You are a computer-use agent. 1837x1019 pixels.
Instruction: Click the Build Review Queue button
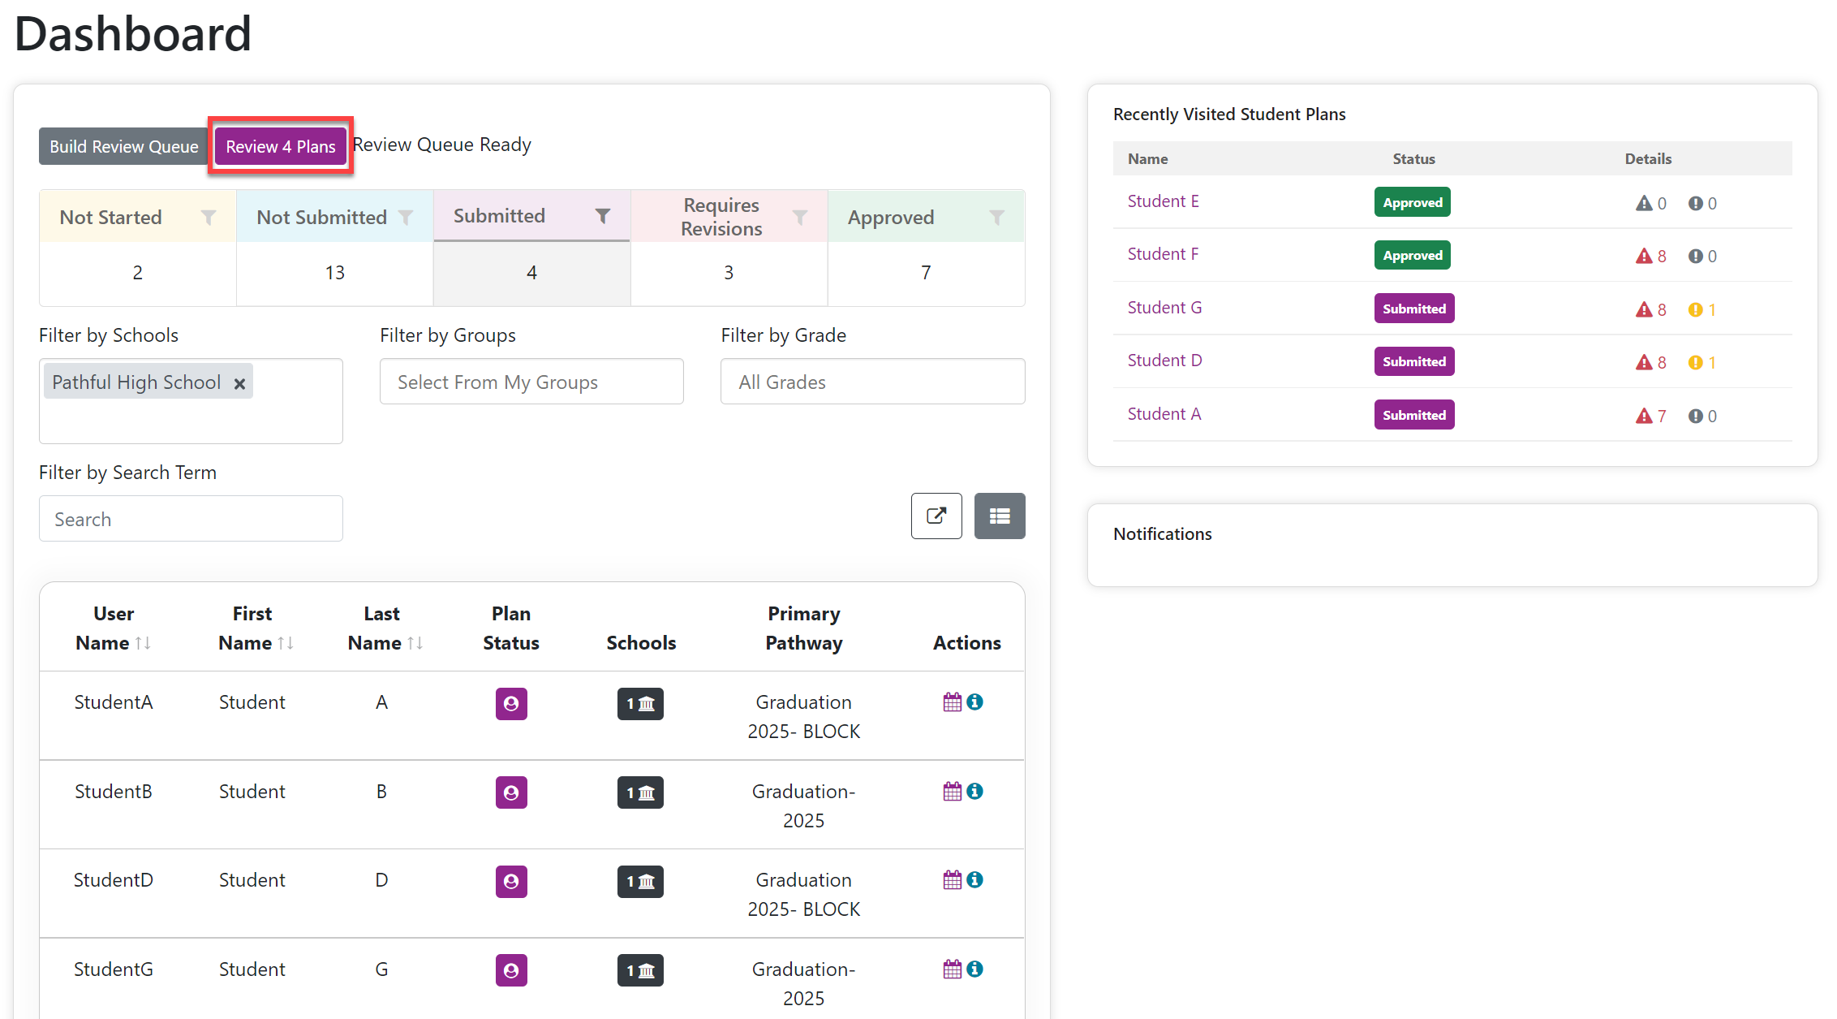pos(124,146)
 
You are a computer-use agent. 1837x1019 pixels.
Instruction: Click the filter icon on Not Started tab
pos(209,217)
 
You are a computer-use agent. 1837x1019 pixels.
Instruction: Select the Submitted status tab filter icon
pos(603,215)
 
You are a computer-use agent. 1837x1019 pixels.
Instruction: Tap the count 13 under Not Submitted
pos(335,273)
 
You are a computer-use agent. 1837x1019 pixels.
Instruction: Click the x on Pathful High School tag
pos(239,383)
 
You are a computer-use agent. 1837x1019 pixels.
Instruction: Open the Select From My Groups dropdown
pos(531,382)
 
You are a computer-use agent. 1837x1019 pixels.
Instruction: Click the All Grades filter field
pos(872,382)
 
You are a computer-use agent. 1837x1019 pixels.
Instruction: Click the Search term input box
pos(191,519)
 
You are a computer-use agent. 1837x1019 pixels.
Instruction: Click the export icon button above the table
pos(936,516)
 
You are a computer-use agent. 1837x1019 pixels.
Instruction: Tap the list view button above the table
pos(1000,516)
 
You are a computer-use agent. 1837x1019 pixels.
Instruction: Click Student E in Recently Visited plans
pos(1163,201)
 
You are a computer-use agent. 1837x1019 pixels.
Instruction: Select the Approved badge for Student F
pos(1413,255)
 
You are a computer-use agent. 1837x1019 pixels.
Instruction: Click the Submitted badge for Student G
pos(1414,309)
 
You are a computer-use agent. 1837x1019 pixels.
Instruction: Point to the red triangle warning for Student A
pos(1644,416)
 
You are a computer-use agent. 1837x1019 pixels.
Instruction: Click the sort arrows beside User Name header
pos(143,643)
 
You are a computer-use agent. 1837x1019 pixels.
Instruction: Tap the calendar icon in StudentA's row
pos(953,702)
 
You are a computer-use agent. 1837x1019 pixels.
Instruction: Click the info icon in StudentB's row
pos(975,791)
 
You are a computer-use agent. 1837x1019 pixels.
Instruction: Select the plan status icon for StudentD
pos(511,881)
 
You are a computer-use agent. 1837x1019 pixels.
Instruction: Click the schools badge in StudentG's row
pos(640,970)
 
